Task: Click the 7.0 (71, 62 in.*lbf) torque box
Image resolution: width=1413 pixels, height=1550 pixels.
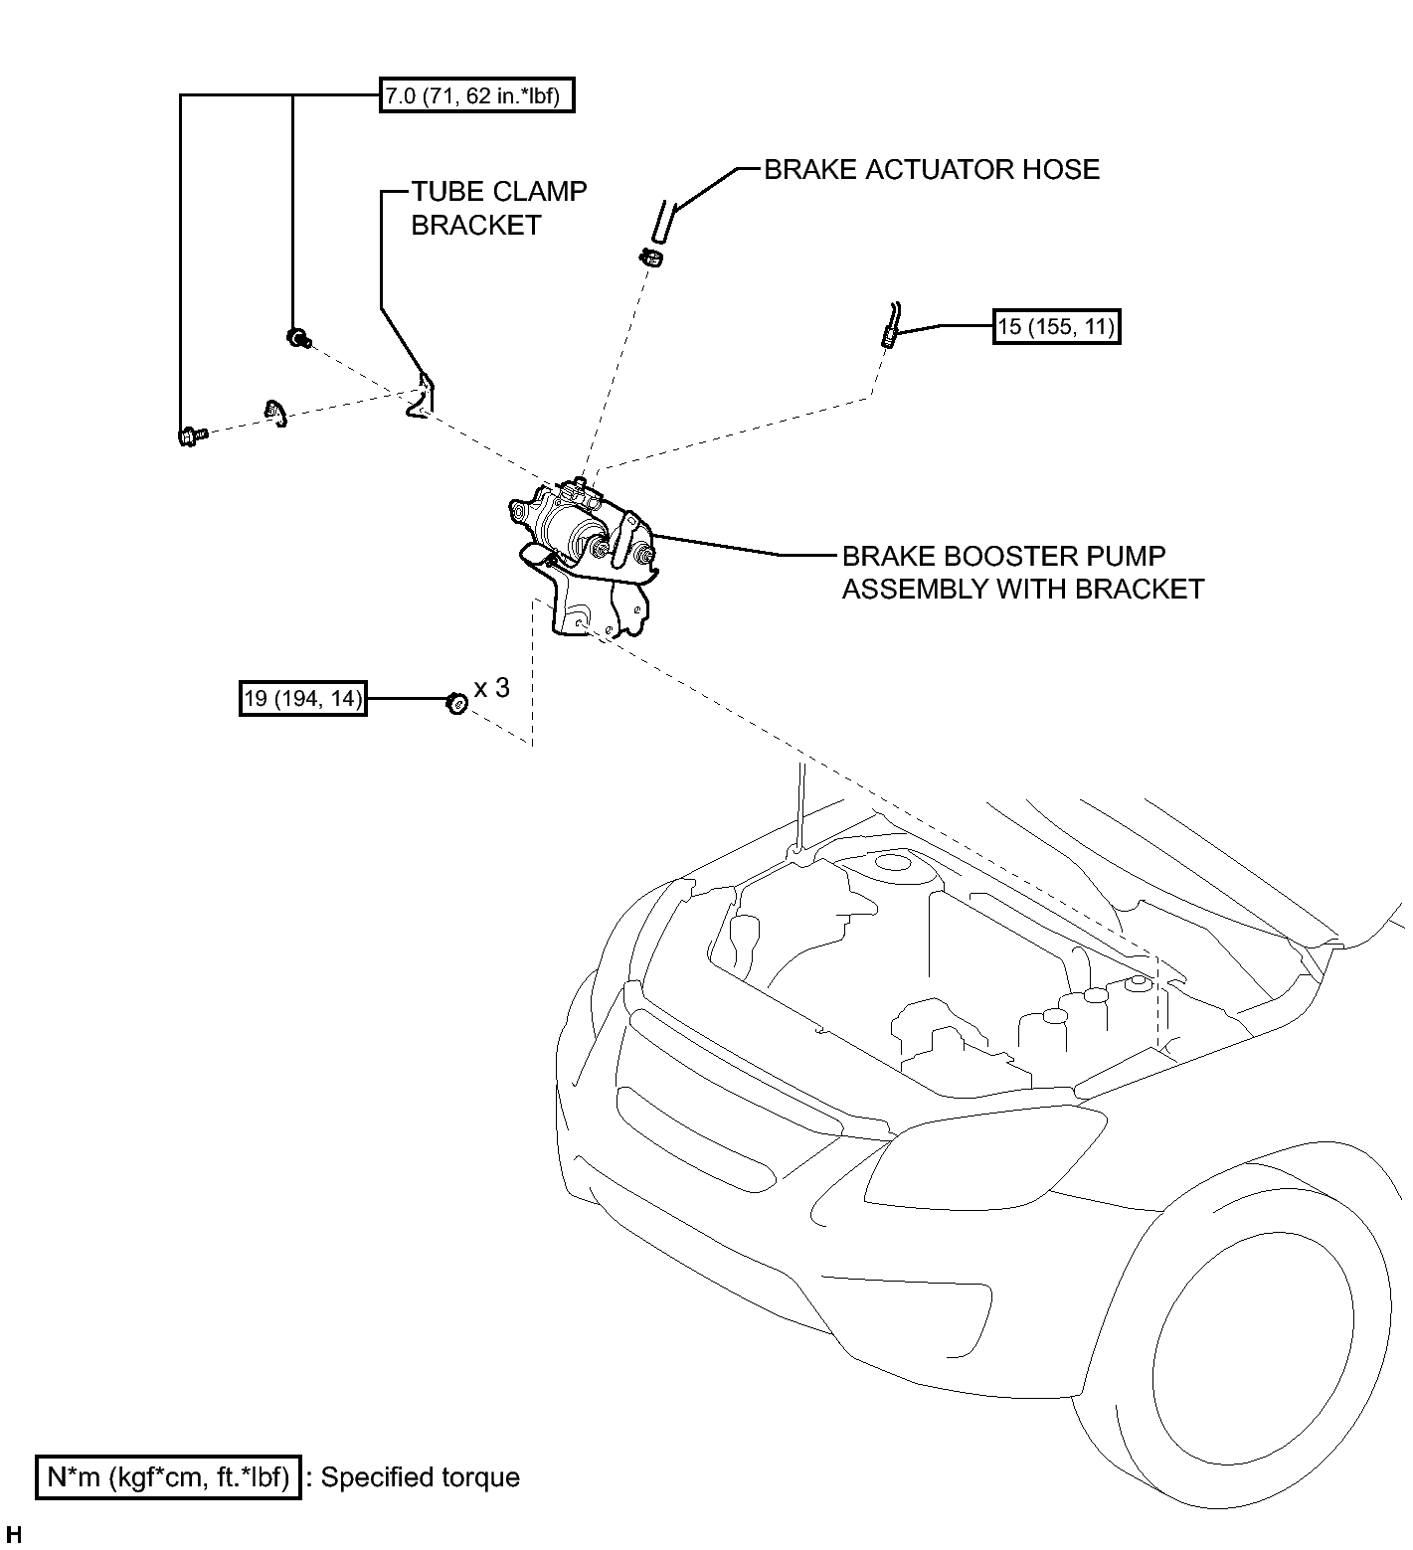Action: [x=476, y=95]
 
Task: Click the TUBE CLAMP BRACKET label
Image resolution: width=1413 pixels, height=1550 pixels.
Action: [x=499, y=208]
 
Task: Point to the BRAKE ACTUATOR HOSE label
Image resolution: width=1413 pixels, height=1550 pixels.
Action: [x=932, y=169]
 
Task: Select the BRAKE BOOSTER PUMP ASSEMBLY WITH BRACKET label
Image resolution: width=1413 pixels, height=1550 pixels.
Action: [x=1023, y=572]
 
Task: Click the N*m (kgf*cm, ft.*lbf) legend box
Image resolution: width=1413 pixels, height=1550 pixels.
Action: [x=168, y=1477]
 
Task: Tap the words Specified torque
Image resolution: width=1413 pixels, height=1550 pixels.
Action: [x=421, y=1477]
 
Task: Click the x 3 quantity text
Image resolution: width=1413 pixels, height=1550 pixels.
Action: [x=491, y=688]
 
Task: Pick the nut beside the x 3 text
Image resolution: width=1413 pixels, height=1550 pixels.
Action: [x=455, y=702]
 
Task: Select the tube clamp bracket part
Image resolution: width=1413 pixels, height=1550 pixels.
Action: [x=422, y=396]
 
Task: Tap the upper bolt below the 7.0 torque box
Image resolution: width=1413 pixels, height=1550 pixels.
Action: [x=297, y=338]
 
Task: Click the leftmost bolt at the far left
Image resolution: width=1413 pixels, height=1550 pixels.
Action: [x=191, y=434]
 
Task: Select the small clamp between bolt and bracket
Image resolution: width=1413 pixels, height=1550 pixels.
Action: [x=275, y=412]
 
